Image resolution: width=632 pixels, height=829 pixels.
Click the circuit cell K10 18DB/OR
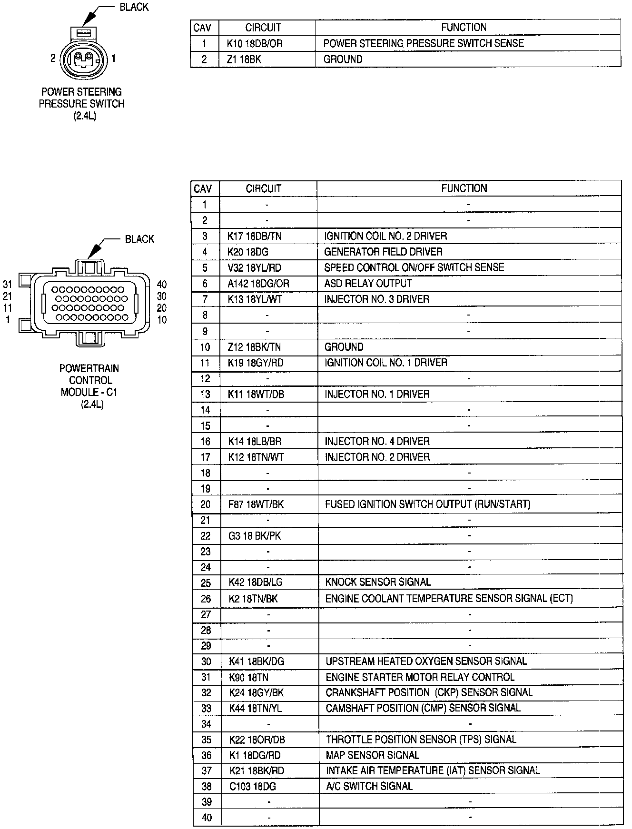coord(255,43)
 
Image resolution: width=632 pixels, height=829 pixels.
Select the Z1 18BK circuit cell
coord(245,59)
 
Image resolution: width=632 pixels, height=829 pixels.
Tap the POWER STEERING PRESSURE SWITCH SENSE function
coord(423,43)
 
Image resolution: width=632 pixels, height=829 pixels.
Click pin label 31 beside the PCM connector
coord(8,285)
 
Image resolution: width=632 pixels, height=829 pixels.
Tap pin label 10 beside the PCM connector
coord(162,320)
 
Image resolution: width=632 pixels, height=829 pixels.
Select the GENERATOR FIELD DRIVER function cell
coord(383,252)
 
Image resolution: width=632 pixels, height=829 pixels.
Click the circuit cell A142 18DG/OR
coord(258,284)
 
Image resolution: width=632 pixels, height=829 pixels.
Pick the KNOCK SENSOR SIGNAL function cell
coord(378,582)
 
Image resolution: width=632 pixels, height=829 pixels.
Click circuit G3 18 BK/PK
coord(255,536)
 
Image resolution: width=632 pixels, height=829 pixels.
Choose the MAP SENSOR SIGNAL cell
coord(372,755)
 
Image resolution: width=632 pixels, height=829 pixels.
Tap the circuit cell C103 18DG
coord(252,787)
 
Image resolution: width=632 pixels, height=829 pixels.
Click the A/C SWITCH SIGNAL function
coord(369,787)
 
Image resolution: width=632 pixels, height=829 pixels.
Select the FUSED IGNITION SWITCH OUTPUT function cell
coord(427,504)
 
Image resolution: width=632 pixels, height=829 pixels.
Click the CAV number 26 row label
coord(206,599)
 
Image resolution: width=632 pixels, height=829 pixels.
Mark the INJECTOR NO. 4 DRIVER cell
coord(377,441)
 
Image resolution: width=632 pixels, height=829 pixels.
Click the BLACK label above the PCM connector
coord(139,239)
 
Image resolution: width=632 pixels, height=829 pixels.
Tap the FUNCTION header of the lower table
coord(464,188)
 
